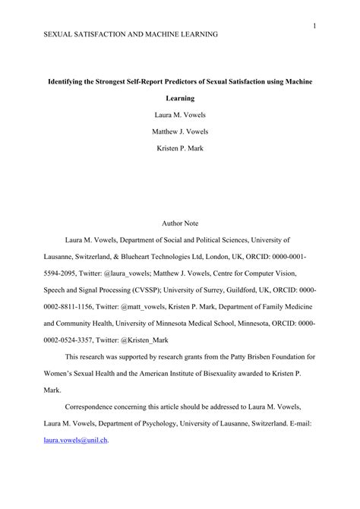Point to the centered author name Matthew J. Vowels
tap(180, 131)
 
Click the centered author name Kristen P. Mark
tap(180, 147)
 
